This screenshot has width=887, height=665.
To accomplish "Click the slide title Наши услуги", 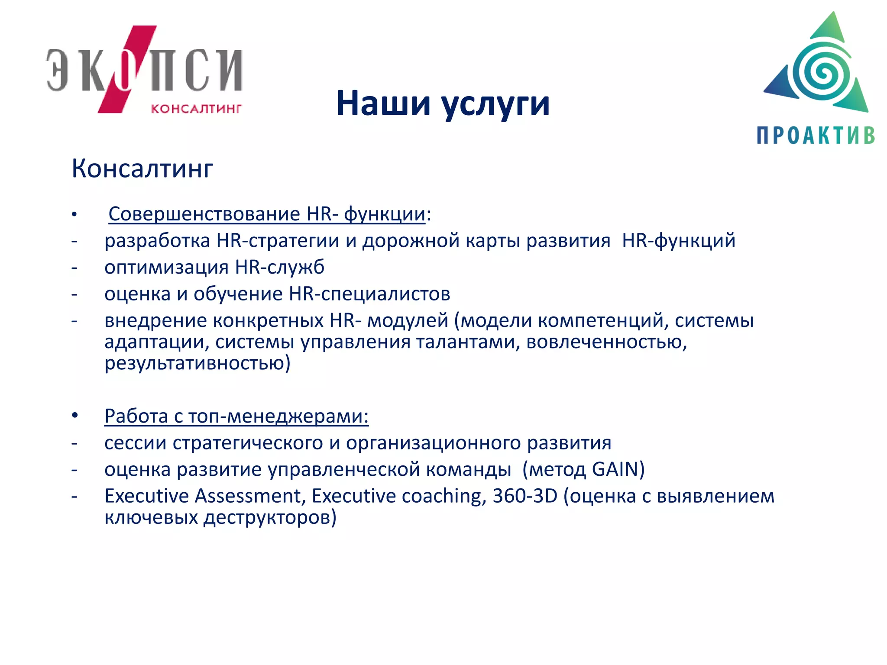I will [443, 104].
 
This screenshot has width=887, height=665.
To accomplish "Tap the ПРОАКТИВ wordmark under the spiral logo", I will [816, 136].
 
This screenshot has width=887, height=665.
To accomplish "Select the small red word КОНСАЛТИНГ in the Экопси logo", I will [196, 108].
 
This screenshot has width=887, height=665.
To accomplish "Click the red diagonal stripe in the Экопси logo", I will [127, 69].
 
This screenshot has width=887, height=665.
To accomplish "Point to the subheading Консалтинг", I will [142, 168].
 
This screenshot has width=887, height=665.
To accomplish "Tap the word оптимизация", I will [167, 267].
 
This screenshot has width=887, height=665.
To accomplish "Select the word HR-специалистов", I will [369, 294].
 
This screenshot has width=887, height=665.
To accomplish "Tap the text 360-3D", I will [525, 496].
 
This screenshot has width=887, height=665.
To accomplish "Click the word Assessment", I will [248, 496].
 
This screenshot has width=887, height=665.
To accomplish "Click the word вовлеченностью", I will [606, 342].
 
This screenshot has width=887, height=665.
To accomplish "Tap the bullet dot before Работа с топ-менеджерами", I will [75, 416].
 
